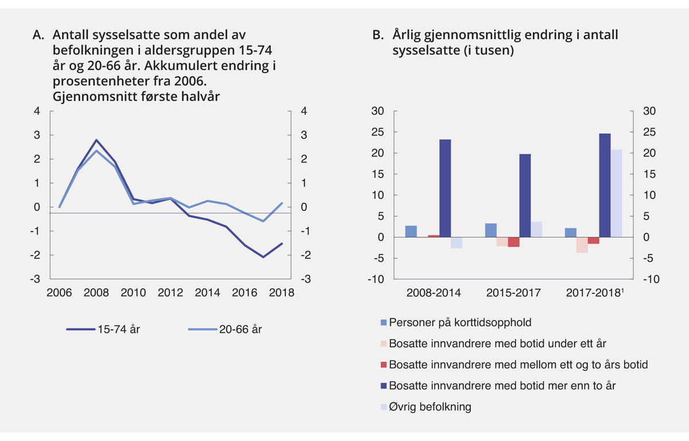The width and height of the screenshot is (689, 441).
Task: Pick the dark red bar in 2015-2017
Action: [513, 242]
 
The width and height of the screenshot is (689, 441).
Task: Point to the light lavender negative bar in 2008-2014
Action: [456, 242]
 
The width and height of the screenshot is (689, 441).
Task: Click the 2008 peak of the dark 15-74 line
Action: [96, 140]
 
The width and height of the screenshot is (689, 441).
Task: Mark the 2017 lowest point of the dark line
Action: [264, 257]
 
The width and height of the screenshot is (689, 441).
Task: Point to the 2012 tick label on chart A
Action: [171, 293]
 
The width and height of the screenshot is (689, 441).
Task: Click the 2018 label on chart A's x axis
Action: [281, 293]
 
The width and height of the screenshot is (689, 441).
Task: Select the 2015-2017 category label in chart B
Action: [514, 293]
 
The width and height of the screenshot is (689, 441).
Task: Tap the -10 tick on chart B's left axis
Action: [376, 280]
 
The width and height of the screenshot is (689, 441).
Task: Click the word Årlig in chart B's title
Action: [408, 35]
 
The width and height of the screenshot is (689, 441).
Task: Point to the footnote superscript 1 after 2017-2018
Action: [622, 290]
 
